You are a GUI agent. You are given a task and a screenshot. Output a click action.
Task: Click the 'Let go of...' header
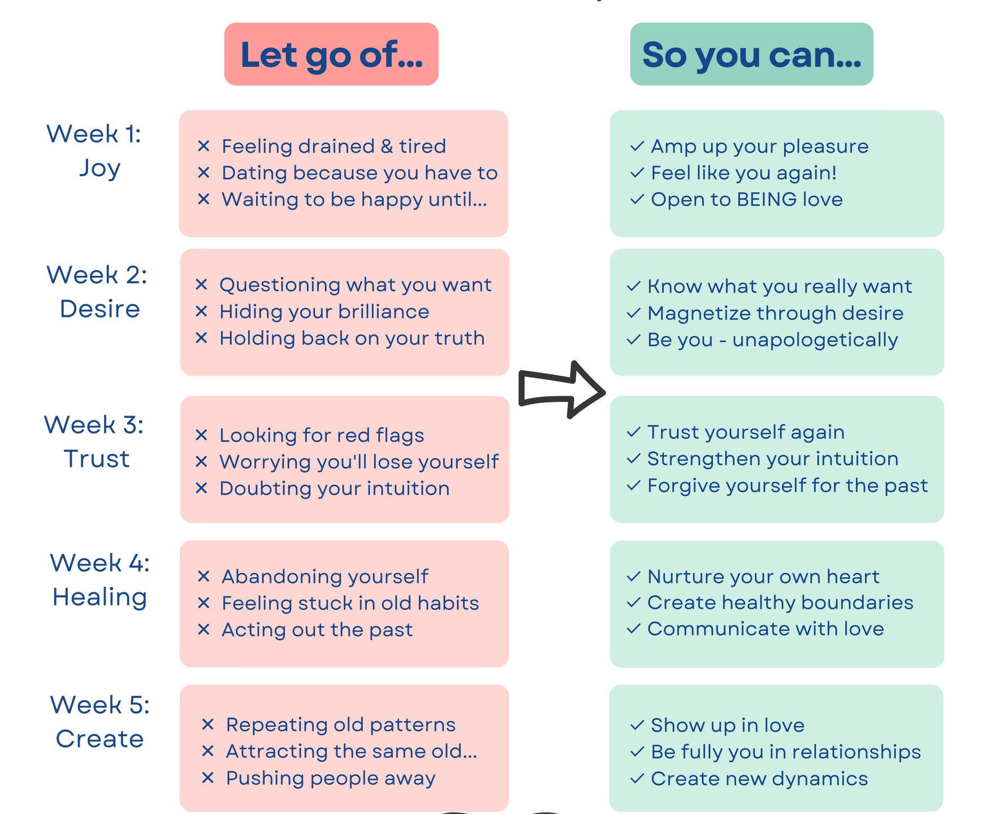(331, 54)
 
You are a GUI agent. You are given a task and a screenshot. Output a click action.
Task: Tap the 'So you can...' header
(751, 54)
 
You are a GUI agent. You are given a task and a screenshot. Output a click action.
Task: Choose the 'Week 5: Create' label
(100, 722)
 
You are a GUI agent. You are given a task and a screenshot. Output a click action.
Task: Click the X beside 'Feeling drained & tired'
(204, 146)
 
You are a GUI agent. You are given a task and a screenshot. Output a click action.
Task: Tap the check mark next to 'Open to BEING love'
(637, 200)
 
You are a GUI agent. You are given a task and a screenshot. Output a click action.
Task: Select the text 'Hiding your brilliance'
(324, 311)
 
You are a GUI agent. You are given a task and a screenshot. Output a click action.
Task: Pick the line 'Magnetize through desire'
(775, 313)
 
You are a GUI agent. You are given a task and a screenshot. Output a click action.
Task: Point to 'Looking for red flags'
(321, 435)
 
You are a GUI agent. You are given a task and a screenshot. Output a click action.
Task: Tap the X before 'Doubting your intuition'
(201, 488)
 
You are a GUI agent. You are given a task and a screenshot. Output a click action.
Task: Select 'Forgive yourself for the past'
(788, 486)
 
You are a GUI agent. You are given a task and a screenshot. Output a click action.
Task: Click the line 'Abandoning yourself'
(325, 577)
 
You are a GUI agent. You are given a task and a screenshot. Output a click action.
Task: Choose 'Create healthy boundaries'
(780, 603)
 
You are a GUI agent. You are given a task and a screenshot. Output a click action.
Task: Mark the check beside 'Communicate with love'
(634, 629)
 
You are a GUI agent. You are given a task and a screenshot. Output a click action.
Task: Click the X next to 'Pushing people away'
(207, 778)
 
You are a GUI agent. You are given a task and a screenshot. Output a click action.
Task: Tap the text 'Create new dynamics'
(759, 779)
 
